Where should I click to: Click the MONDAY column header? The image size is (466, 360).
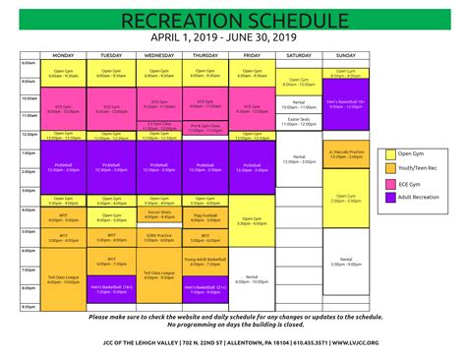[63, 55]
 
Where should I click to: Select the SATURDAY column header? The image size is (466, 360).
[299, 55]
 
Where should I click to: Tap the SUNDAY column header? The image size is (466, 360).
[346, 55]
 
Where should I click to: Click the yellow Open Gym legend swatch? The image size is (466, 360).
[390, 153]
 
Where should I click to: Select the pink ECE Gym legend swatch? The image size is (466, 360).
[390, 182]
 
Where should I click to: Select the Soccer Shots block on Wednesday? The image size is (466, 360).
[158, 212]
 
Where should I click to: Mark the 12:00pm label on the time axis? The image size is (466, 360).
[29, 134]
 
